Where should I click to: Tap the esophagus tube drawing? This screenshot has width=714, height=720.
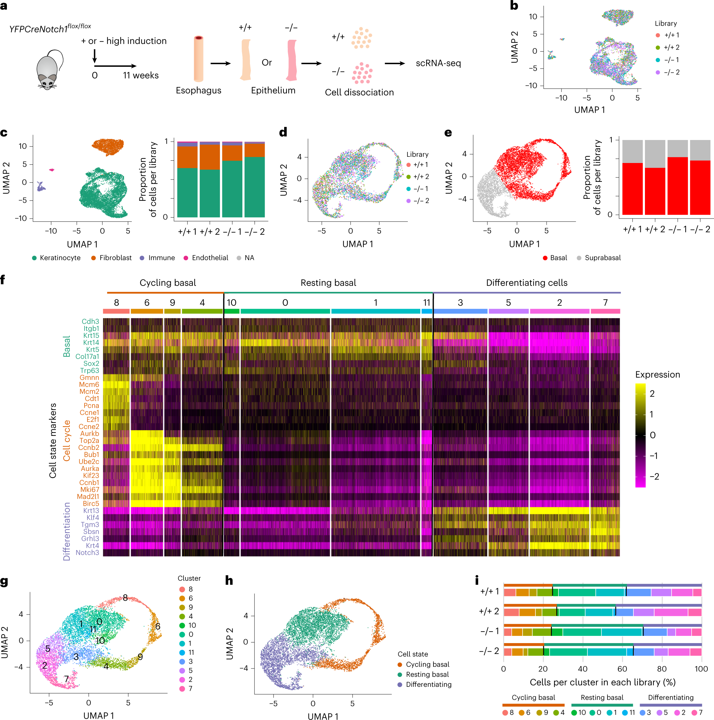click(x=198, y=58)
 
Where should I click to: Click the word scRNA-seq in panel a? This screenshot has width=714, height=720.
click(x=438, y=63)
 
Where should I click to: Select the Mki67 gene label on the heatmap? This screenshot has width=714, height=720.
click(x=89, y=489)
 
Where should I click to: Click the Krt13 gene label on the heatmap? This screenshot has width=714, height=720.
click(x=91, y=511)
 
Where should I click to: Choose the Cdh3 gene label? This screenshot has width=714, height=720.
click(x=90, y=321)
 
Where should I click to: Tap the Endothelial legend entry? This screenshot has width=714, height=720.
click(x=209, y=258)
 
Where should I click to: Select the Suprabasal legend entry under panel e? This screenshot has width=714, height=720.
click(x=603, y=258)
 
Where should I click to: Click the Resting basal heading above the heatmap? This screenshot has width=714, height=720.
click(x=328, y=283)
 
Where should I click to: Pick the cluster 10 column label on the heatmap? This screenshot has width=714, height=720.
click(x=232, y=303)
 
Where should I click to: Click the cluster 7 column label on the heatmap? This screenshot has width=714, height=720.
click(x=605, y=303)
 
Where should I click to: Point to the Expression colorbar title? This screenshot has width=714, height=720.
click(x=657, y=375)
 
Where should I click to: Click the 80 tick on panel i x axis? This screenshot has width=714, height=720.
click(x=662, y=669)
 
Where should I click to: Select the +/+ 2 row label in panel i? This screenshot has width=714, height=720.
click(x=489, y=611)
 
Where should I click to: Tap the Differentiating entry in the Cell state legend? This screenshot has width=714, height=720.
click(x=428, y=685)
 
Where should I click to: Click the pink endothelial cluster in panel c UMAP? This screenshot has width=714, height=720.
click(x=52, y=170)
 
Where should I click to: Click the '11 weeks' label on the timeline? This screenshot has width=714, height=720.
click(x=141, y=75)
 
